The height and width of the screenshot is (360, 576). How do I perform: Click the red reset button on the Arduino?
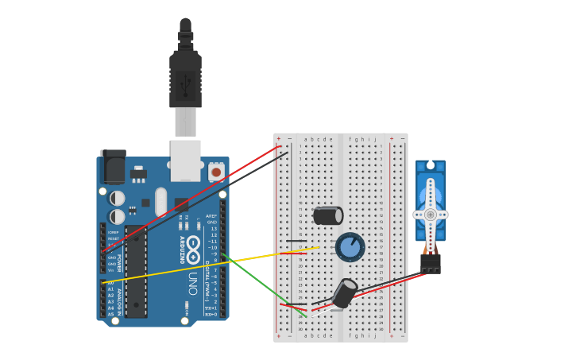[x=215, y=172]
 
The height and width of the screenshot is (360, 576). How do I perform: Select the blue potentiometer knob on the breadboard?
[x=350, y=247]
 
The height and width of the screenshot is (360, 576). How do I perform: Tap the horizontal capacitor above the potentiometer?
[x=327, y=215]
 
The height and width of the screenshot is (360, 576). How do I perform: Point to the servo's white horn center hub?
[x=430, y=215]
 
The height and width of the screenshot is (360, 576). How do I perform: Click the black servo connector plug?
[x=431, y=264]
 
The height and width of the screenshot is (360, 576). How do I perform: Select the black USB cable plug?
[x=185, y=79]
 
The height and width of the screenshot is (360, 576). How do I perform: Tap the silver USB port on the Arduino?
[x=185, y=161]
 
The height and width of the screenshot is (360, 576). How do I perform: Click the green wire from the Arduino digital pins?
[x=262, y=284]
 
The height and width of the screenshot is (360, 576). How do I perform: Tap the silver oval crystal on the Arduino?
[x=161, y=202]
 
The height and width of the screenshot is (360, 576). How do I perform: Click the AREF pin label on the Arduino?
[x=211, y=215]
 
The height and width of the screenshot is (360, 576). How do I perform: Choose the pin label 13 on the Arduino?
[x=212, y=228]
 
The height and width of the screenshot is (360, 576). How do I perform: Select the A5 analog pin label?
[x=110, y=315]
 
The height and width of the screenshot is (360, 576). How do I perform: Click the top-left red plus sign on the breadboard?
[x=278, y=138]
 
